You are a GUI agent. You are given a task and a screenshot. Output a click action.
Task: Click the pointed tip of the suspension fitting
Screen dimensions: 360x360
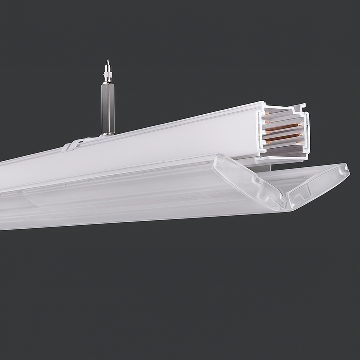tap(107, 62)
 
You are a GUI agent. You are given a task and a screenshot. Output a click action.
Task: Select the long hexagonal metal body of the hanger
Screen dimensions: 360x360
tap(108, 107)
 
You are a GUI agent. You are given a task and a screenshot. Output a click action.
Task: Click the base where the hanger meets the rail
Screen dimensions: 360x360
tap(108, 133)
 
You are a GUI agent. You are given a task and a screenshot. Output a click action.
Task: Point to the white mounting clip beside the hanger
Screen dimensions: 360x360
tap(75, 144)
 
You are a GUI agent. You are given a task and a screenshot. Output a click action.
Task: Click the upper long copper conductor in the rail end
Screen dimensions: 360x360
tap(283, 127)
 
